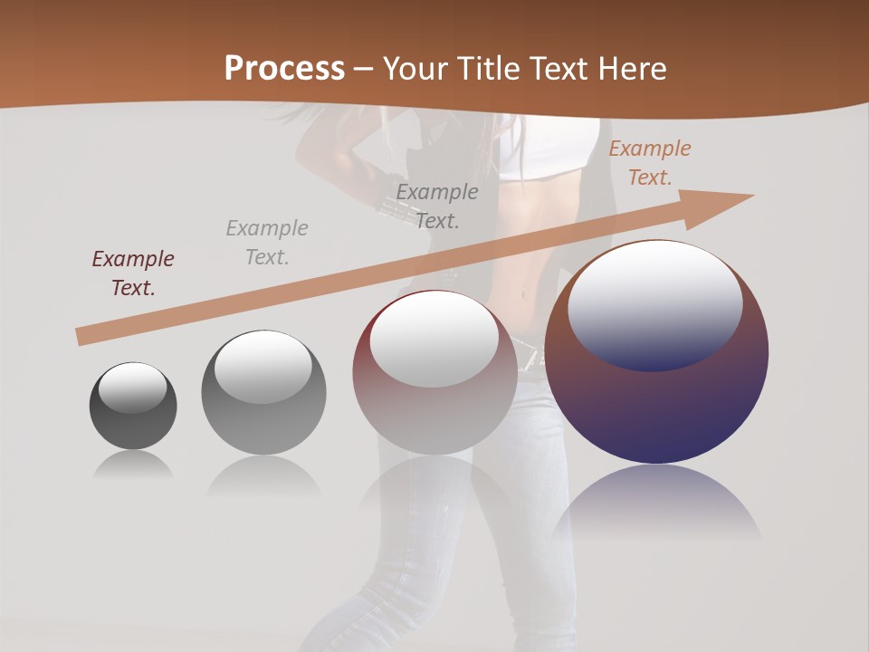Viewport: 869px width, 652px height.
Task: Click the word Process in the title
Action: point(284,69)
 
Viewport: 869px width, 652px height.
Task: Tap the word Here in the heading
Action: point(630,69)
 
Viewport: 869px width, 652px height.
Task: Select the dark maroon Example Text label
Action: point(133,273)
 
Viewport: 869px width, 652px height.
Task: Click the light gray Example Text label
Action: point(267,243)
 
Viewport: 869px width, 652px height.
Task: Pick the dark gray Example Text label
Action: point(437,206)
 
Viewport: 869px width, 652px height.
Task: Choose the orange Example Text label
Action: point(650,163)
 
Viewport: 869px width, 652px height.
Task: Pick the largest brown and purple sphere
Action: point(656,407)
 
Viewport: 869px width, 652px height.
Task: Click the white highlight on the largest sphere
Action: point(655,303)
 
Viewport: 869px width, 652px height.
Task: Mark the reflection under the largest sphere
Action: point(656,503)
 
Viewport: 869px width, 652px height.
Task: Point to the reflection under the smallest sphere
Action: point(133,465)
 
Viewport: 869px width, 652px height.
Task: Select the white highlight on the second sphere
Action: point(263,367)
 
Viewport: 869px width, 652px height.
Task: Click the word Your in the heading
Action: point(415,69)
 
